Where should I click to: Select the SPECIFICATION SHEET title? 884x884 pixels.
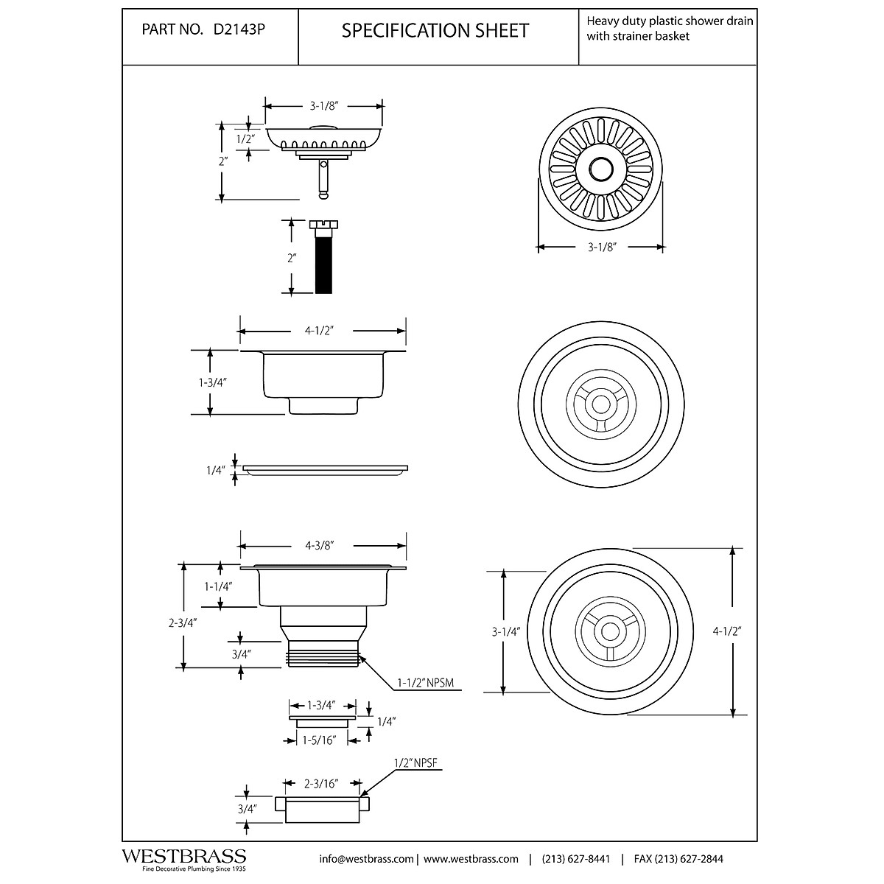click(x=435, y=31)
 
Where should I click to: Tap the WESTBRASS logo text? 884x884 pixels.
click(x=183, y=856)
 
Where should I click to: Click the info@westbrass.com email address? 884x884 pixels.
click(x=366, y=859)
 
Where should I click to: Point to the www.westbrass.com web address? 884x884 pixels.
click(x=471, y=859)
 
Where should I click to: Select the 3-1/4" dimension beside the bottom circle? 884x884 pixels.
click(x=505, y=631)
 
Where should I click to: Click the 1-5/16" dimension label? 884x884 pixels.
click(x=319, y=740)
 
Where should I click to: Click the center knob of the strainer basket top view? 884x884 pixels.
click(x=599, y=169)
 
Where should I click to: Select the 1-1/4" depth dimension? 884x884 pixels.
click(x=218, y=586)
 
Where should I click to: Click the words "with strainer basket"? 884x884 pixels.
click(x=638, y=36)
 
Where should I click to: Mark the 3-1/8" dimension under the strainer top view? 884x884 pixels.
click(x=601, y=248)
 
